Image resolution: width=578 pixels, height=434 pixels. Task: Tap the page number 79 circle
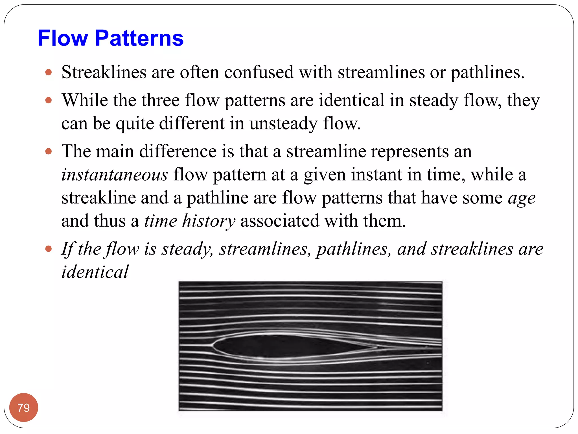[23, 407]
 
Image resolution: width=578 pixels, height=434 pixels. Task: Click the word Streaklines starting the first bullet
[104, 72]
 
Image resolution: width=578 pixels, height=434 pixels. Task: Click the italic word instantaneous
[115, 174]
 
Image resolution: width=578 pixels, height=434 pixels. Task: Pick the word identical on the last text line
[95, 272]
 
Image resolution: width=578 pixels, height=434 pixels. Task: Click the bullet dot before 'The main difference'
[49, 151]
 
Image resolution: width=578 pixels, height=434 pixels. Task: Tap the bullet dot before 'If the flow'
[49, 249]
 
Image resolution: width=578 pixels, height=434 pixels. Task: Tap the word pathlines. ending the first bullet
[487, 72]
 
